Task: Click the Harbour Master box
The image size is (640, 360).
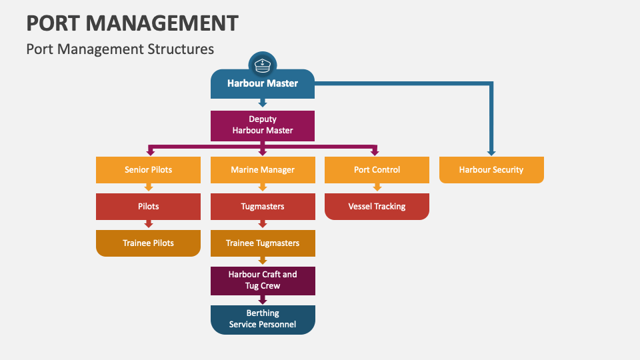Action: [262, 84]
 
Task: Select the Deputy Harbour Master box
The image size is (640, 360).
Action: [262, 125]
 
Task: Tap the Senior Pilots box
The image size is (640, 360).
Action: [148, 170]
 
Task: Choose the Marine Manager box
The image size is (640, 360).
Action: [262, 170]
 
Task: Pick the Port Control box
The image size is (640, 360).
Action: [377, 170]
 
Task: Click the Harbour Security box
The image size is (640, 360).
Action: [491, 170]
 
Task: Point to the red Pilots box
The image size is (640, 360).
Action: [148, 207]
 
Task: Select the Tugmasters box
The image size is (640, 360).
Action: [262, 207]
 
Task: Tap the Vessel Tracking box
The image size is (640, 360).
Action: [377, 207]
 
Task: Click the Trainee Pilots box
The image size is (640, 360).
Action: [148, 243]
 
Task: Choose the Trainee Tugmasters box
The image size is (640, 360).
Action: [262, 243]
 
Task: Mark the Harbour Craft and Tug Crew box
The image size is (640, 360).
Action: [262, 280]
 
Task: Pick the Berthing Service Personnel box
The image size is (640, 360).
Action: [262, 319]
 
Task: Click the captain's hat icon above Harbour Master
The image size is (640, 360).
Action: [262, 65]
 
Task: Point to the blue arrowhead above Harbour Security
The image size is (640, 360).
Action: [491, 152]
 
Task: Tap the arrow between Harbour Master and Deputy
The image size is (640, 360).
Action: [262, 103]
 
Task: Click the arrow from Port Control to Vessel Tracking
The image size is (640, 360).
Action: [377, 188]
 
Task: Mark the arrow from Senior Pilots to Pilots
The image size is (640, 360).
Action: [148, 188]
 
